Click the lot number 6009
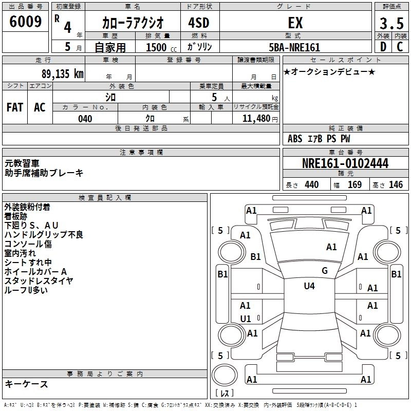click(25, 22)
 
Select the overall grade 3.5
click(391, 23)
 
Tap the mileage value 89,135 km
click(62, 74)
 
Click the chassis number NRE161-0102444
click(345, 163)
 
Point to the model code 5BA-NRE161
click(294, 47)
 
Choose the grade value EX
click(295, 23)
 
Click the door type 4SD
click(199, 23)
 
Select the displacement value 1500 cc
click(161, 47)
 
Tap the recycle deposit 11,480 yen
click(260, 119)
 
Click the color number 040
click(85, 119)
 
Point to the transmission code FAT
click(15, 107)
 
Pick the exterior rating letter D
click(383, 47)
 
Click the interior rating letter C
click(400, 47)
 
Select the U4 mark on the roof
click(309, 286)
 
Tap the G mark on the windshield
click(325, 271)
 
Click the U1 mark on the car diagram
click(246, 319)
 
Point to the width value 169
click(354, 184)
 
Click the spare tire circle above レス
click(225, 375)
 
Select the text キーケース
click(27, 384)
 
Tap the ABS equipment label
click(295, 139)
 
